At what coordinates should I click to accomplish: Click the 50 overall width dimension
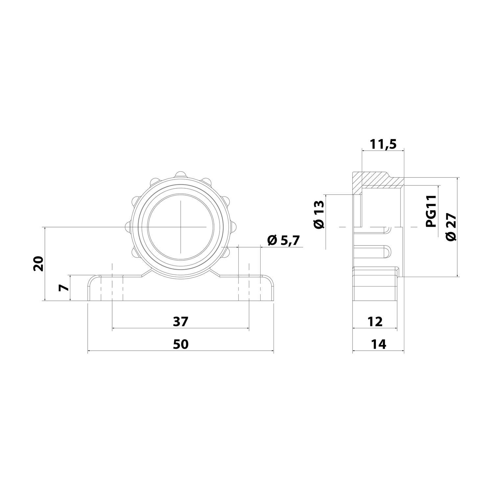point(180,344)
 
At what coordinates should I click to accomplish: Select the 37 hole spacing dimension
point(180,321)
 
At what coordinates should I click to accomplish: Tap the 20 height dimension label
point(39,263)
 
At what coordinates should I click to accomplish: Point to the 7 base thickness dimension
point(64,288)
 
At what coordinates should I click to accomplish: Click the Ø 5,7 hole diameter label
point(283,241)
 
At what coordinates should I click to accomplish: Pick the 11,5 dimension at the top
point(383,144)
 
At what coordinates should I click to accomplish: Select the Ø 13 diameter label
point(319,215)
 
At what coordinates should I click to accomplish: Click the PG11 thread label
point(431,211)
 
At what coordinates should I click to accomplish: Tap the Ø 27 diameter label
point(451,227)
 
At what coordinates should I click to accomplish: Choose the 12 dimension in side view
point(375,321)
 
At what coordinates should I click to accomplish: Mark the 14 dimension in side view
point(378,344)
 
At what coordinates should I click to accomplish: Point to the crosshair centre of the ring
point(180,227)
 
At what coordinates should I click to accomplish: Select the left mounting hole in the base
point(112,289)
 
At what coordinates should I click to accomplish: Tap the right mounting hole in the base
point(249,289)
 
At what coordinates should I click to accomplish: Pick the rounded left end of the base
point(92,289)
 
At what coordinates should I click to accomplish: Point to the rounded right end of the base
point(270,289)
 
